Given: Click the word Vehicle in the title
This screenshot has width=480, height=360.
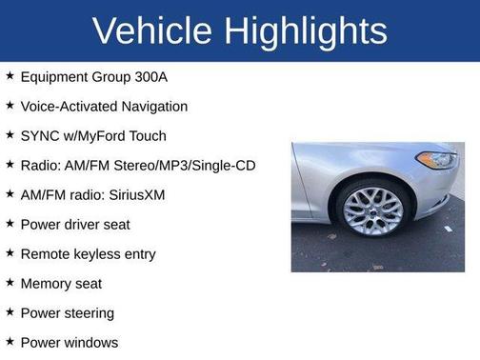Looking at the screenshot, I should (153, 30).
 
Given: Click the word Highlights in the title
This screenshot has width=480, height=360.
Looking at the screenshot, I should (306, 30).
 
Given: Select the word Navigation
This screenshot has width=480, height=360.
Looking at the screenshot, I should (153, 107).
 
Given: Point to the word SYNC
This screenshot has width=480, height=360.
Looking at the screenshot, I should (39, 136).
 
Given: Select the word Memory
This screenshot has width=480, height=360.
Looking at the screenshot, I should (47, 284).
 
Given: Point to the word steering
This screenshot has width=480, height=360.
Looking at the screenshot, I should (89, 313).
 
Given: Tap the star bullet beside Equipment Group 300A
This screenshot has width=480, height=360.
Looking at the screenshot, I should (10, 76).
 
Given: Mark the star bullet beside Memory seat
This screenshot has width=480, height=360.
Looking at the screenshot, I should (10, 283).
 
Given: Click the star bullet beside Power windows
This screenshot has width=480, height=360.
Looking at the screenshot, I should (10, 342).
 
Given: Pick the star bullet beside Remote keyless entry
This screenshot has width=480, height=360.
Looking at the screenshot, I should (10, 253).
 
